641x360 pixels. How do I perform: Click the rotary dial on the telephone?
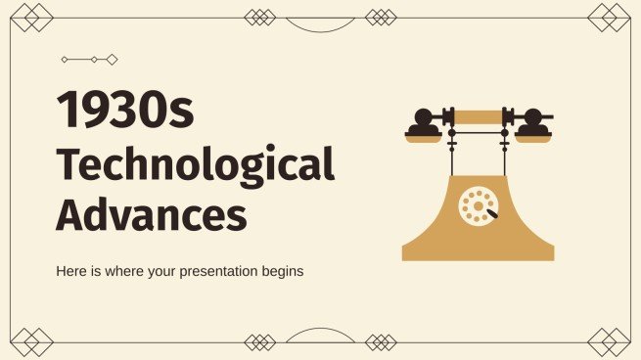point(477,206)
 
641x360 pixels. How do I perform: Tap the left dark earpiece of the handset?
point(423,121)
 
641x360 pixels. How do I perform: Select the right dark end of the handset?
point(532,121)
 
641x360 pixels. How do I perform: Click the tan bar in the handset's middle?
point(478,117)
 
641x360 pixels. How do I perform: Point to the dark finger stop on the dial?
point(490,213)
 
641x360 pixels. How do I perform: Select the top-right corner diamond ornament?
point(614,17)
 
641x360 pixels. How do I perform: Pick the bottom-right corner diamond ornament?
point(614,342)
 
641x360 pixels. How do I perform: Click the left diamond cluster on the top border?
point(260,17)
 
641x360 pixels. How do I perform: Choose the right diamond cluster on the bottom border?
point(381,342)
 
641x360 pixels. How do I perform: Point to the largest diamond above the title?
point(112,60)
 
